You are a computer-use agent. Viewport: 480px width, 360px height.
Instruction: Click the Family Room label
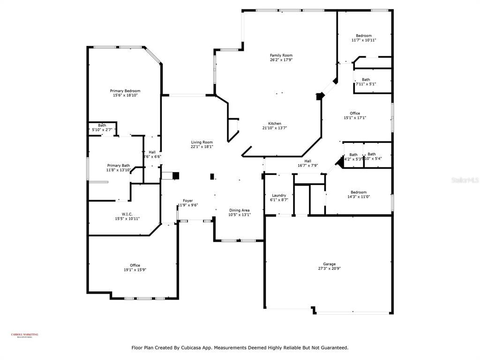[281, 55]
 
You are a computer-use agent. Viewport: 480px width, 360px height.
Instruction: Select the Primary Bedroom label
[125, 91]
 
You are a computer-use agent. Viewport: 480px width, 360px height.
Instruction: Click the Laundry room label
[279, 195]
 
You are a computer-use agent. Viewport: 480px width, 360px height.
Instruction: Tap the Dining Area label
[239, 210]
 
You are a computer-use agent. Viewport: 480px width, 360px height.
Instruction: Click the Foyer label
[187, 201]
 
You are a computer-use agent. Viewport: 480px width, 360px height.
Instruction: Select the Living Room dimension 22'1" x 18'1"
[202, 147]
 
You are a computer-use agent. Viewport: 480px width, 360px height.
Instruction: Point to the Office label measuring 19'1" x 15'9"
[135, 265]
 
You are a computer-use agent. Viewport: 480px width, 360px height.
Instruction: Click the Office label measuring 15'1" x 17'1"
[355, 113]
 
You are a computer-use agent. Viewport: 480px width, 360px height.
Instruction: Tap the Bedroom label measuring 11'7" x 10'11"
[364, 36]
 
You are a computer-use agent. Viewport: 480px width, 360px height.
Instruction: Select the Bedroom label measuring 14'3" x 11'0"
[359, 192]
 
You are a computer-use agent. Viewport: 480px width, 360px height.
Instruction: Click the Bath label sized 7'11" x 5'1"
[366, 80]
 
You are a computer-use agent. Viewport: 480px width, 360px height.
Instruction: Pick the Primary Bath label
[119, 165]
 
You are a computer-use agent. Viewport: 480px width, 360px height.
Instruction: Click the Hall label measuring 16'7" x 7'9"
[308, 161]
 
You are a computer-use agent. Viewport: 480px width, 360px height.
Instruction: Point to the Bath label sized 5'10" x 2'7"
[102, 125]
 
